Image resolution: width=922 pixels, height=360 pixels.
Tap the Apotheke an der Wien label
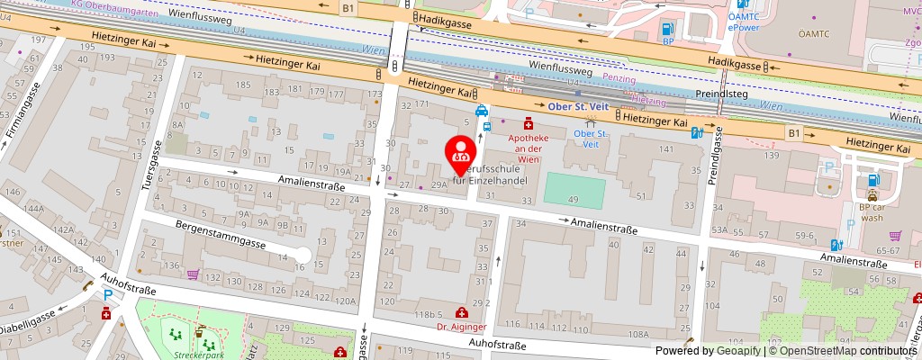tap(529, 143)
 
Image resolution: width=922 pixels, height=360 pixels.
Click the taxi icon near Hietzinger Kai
tap(483, 111)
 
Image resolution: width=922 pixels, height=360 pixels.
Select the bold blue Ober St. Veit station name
tap(579, 107)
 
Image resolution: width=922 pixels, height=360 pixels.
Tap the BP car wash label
tap(872, 211)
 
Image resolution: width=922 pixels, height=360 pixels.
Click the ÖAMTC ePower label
tap(746, 22)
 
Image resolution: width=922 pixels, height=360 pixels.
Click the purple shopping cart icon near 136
tap(192, 274)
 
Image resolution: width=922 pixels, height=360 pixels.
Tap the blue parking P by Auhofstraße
tap(109, 295)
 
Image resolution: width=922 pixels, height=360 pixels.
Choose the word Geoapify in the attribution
tap(736, 350)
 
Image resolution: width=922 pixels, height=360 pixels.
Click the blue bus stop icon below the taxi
tap(487, 126)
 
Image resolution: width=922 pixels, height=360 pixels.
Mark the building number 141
tap(666, 148)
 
